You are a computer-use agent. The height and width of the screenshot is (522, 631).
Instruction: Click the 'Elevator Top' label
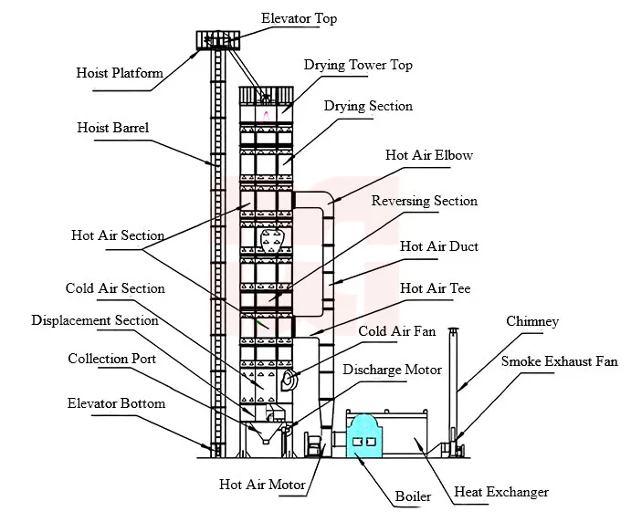(x=299, y=18)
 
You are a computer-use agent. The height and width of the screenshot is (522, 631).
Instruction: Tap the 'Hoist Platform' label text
(x=120, y=73)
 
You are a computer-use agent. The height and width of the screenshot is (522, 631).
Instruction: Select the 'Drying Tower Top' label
(x=358, y=65)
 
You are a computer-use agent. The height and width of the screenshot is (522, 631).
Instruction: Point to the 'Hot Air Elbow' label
(x=429, y=155)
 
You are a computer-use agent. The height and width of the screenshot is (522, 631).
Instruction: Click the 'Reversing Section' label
(x=425, y=201)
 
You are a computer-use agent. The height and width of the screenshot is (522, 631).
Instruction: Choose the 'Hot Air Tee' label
(x=435, y=288)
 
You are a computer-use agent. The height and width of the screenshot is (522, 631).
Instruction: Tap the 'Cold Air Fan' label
(x=397, y=331)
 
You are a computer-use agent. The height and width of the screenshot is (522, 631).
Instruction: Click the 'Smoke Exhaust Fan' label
(x=560, y=361)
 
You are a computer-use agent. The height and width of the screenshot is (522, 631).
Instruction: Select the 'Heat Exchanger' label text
(x=501, y=492)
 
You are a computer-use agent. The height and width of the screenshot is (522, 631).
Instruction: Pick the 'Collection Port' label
(x=112, y=359)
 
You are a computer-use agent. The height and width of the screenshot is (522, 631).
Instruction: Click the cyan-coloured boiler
(x=364, y=436)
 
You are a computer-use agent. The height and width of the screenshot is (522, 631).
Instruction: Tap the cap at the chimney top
(x=454, y=332)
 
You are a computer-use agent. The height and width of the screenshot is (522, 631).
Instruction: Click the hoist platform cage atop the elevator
(x=218, y=40)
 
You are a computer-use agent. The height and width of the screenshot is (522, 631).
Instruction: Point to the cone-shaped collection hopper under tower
(x=265, y=433)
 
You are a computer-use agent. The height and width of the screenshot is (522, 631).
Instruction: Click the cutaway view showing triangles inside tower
(x=272, y=241)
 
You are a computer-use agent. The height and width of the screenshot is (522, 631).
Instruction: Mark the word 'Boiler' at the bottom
(x=413, y=496)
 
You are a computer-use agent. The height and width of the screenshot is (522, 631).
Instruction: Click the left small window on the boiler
(x=356, y=442)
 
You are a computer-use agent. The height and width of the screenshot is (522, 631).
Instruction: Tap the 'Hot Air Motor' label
(x=262, y=485)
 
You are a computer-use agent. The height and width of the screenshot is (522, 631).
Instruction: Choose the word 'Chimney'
(x=532, y=321)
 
